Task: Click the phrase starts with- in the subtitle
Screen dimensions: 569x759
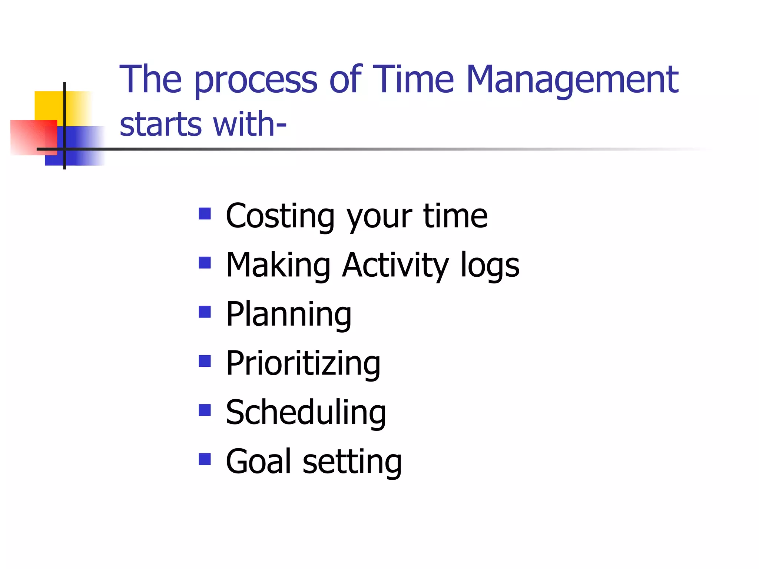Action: [203, 124]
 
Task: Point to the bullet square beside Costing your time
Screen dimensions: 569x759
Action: [205, 214]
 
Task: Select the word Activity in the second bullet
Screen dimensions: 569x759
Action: [395, 265]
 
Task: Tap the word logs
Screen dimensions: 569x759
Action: [490, 265]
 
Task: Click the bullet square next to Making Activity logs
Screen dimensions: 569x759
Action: [205, 263]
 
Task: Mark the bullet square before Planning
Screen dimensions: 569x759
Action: [205, 312]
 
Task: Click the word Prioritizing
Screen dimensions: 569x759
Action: [303, 363]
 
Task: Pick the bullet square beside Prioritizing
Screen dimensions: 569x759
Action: [205, 361]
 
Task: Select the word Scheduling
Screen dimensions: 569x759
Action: [306, 413]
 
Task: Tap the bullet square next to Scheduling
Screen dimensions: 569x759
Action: [205, 410]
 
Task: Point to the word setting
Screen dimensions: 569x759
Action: [352, 462]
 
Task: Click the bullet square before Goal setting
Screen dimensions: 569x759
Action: [205, 459]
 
